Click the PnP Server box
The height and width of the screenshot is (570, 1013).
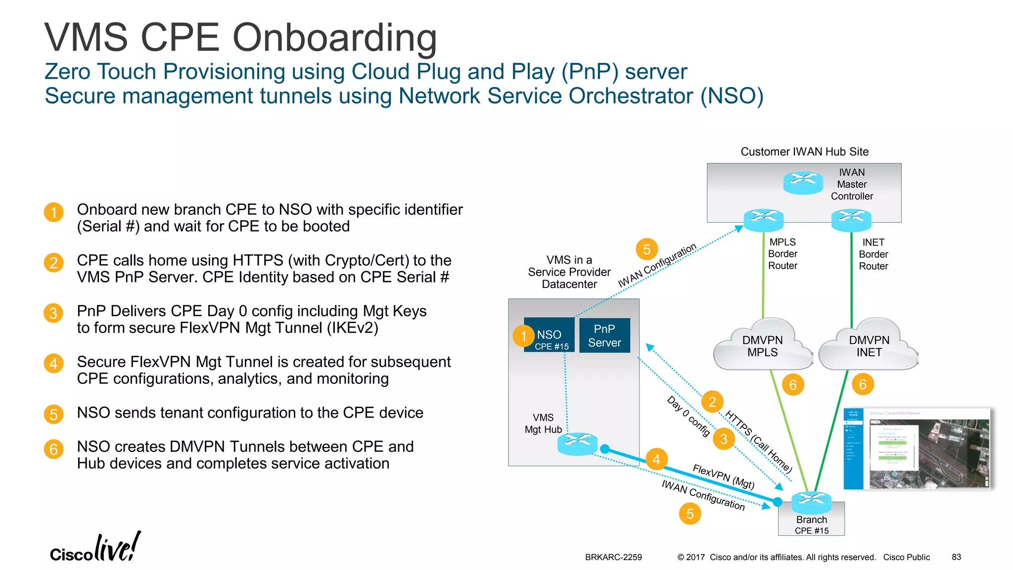[x=604, y=335]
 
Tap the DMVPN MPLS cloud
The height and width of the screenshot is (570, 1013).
[x=762, y=346]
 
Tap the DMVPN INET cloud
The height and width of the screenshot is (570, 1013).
[x=869, y=346]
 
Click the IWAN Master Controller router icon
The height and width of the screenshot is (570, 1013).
[x=803, y=183]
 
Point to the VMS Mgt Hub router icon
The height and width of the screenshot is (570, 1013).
[x=577, y=443]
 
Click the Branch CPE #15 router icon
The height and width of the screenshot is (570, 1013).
[x=811, y=503]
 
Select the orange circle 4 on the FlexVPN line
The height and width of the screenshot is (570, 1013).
[x=656, y=459]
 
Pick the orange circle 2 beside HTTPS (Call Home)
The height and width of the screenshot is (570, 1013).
[x=712, y=402]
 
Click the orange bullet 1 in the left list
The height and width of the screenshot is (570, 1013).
[x=53, y=213]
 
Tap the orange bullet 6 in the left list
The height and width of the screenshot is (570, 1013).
[x=53, y=449]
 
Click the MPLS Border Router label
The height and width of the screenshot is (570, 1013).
[x=783, y=254]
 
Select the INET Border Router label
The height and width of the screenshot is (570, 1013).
[x=873, y=254]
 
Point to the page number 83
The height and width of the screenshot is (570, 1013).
[x=956, y=557]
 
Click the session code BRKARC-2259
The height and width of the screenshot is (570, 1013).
[x=613, y=557]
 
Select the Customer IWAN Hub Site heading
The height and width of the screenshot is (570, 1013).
[x=804, y=152]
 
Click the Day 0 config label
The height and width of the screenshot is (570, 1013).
[x=689, y=416]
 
